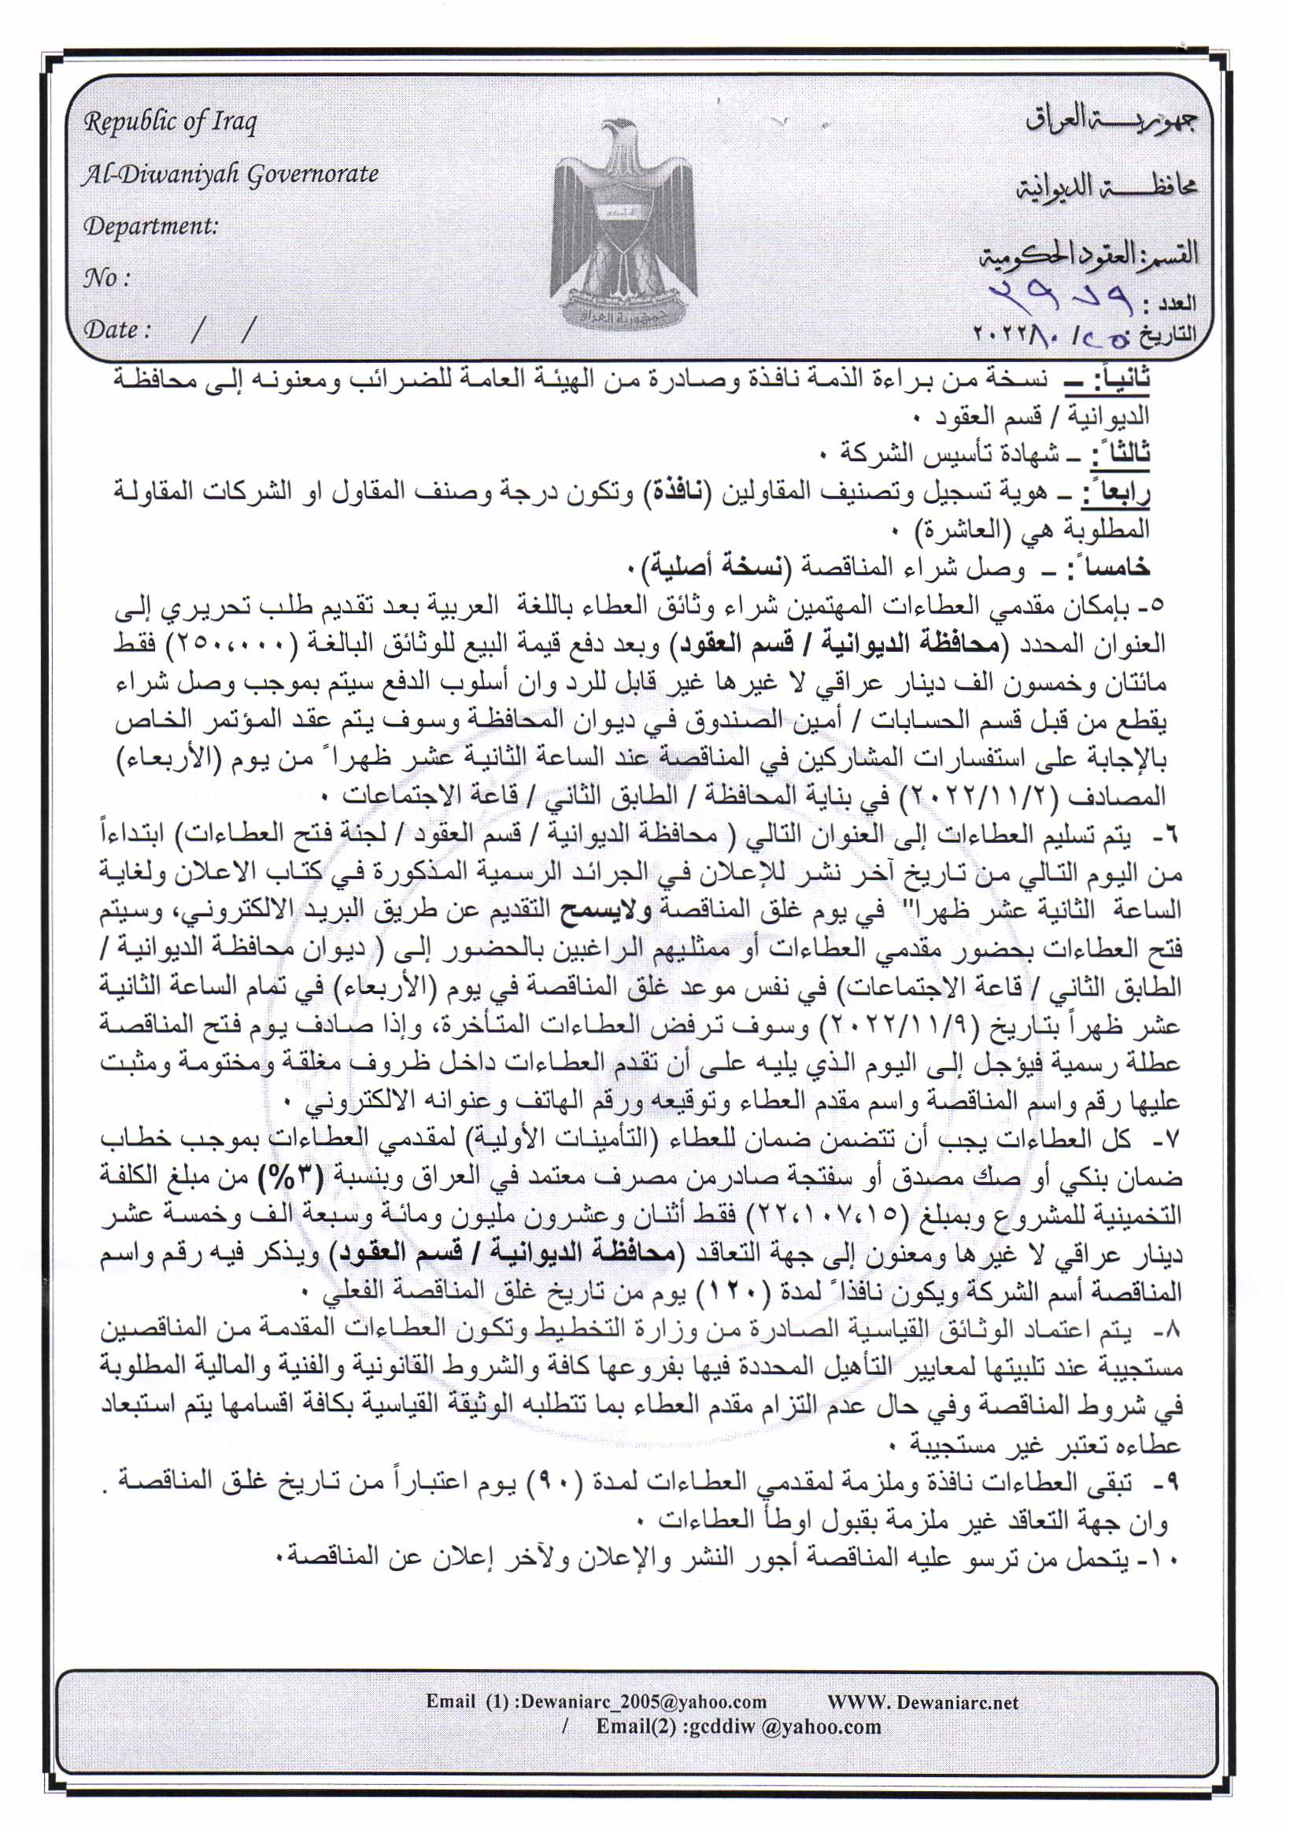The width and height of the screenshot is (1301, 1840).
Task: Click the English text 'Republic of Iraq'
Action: point(170,123)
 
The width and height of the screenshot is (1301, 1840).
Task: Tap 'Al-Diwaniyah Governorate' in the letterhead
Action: point(230,175)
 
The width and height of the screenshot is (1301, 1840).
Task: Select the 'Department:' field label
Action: point(150,227)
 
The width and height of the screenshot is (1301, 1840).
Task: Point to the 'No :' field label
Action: point(105,278)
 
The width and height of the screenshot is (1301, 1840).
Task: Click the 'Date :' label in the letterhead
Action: point(117,330)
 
